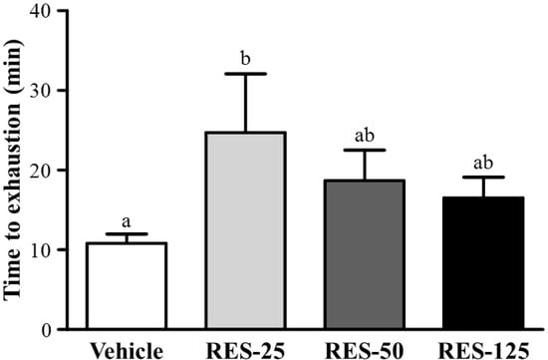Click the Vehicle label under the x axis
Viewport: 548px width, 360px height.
(x=125, y=350)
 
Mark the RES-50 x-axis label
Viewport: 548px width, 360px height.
(x=358, y=350)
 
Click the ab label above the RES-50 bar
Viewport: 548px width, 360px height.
(x=358, y=138)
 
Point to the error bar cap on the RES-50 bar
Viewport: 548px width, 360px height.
(x=358, y=151)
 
